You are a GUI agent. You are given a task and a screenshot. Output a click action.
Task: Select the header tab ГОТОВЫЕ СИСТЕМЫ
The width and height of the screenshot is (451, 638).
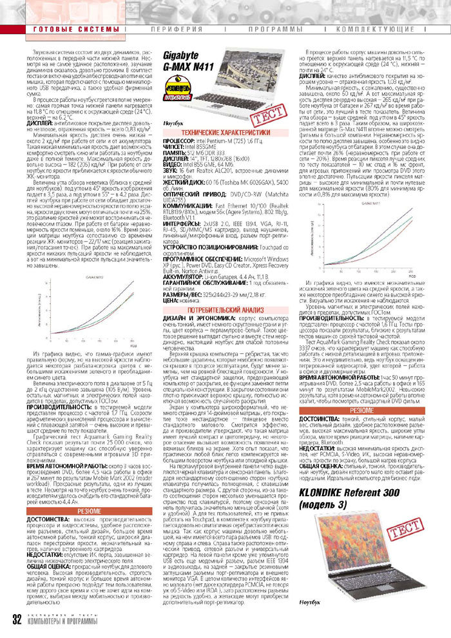click(64, 30)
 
